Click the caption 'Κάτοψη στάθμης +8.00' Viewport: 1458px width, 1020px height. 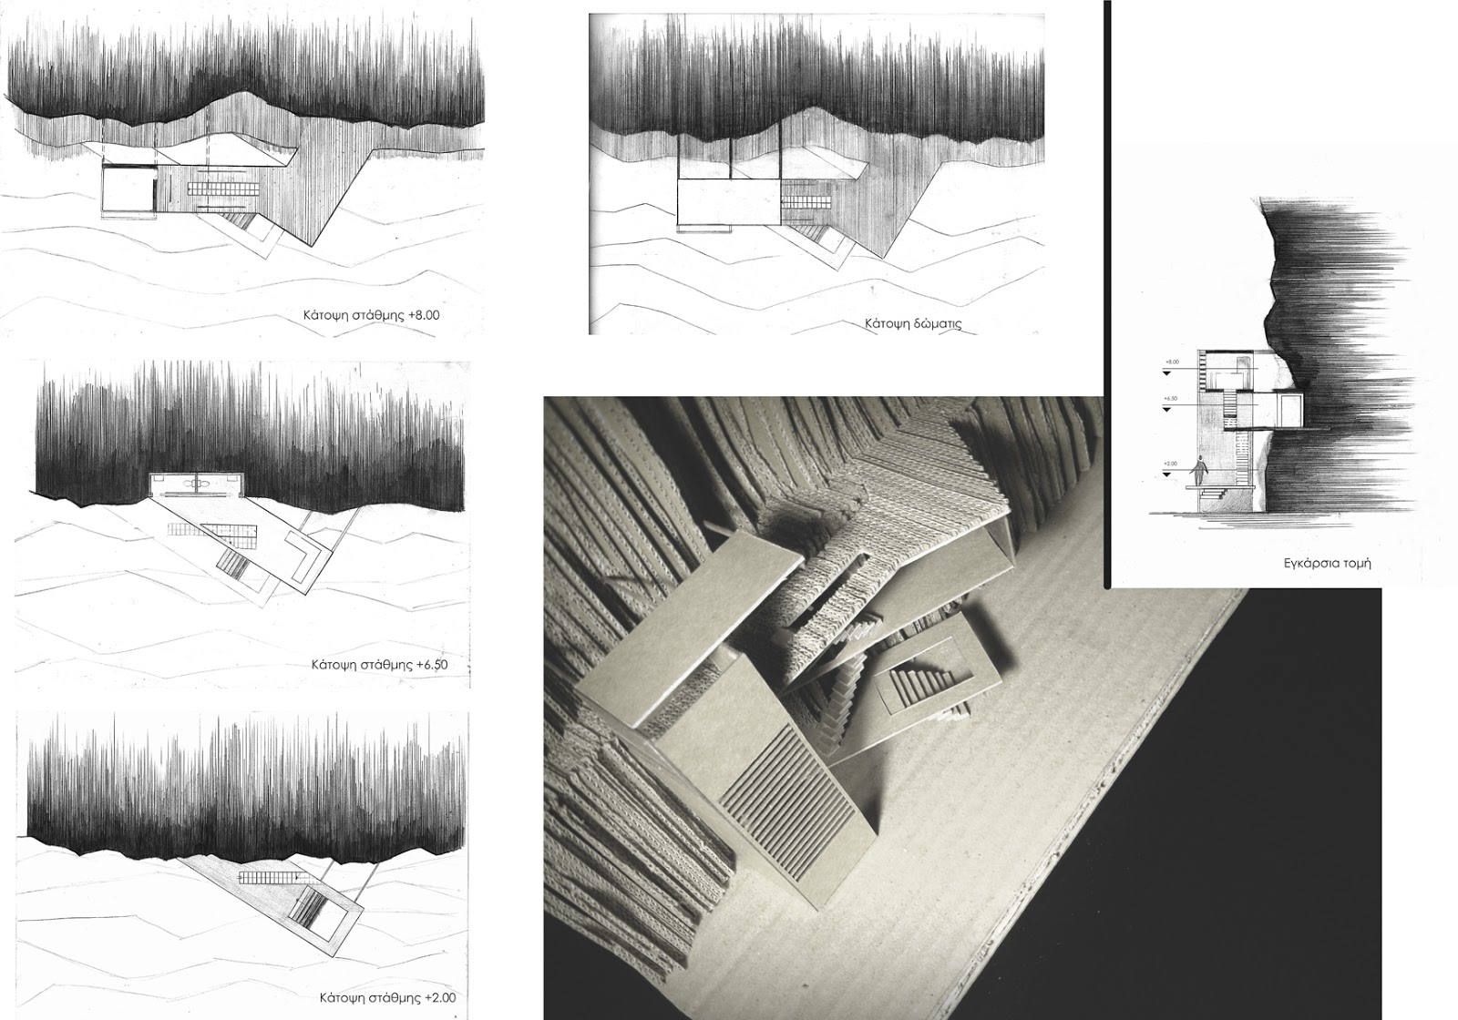373,314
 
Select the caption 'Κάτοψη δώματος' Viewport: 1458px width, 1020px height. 913,323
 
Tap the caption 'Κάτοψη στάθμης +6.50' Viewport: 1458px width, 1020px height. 381,664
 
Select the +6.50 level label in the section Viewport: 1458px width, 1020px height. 1170,399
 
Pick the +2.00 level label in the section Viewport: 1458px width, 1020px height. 1171,464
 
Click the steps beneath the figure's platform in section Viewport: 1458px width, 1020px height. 1210,494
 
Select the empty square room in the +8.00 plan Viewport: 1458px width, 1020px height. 127,191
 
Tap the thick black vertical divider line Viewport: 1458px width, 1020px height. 1106,291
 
